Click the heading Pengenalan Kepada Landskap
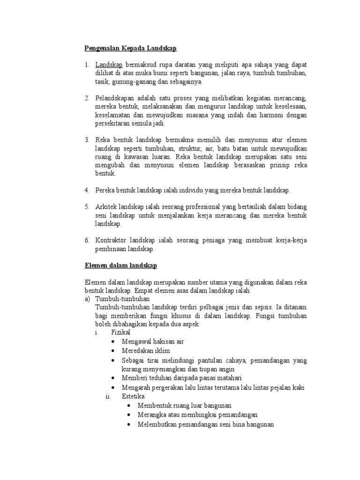(130, 48)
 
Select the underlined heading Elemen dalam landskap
(121, 266)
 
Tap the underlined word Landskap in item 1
(109, 65)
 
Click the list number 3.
(87, 140)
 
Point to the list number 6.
(87, 240)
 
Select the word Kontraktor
(111, 240)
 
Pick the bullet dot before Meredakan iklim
(114, 351)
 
